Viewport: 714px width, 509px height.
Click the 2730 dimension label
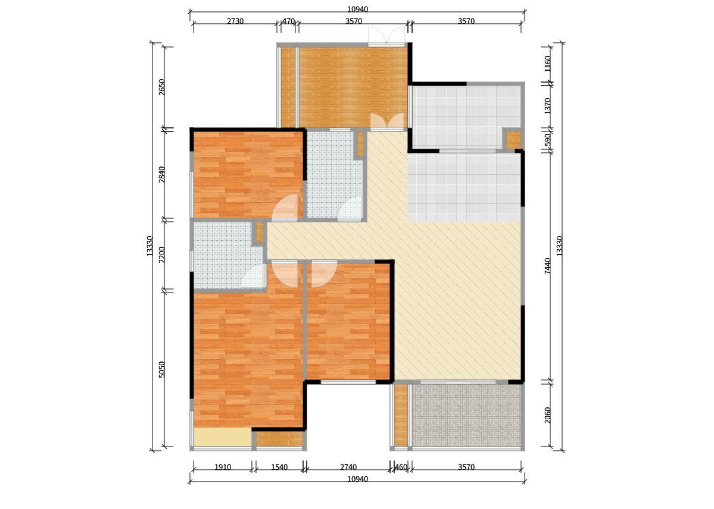click(235, 21)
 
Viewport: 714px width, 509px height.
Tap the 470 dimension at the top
click(288, 21)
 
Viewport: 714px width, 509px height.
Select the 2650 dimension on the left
click(161, 87)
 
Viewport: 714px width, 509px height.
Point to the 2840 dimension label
click(161, 175)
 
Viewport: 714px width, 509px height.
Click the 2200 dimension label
click(161, 254)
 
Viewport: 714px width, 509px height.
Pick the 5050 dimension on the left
click(161, 369)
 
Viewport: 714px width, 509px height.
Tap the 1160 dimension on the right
click(548, 64)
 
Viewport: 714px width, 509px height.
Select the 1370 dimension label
click(548, 106)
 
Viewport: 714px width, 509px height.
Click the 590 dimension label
click(548, 139)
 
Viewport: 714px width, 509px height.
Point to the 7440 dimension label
click(548, 266)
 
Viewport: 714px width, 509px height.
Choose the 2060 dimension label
click(548, 415)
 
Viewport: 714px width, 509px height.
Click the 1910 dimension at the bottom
click(223, 467)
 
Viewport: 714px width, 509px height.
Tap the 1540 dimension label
click(279, 467)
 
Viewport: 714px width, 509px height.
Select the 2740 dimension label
click(348, 467)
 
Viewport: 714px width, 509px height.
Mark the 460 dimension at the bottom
click(401, 467)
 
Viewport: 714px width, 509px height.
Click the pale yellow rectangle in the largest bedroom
click(223, 437)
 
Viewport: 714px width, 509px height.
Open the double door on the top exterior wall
click(386, 35)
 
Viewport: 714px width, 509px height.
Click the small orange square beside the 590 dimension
click(514, 140)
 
